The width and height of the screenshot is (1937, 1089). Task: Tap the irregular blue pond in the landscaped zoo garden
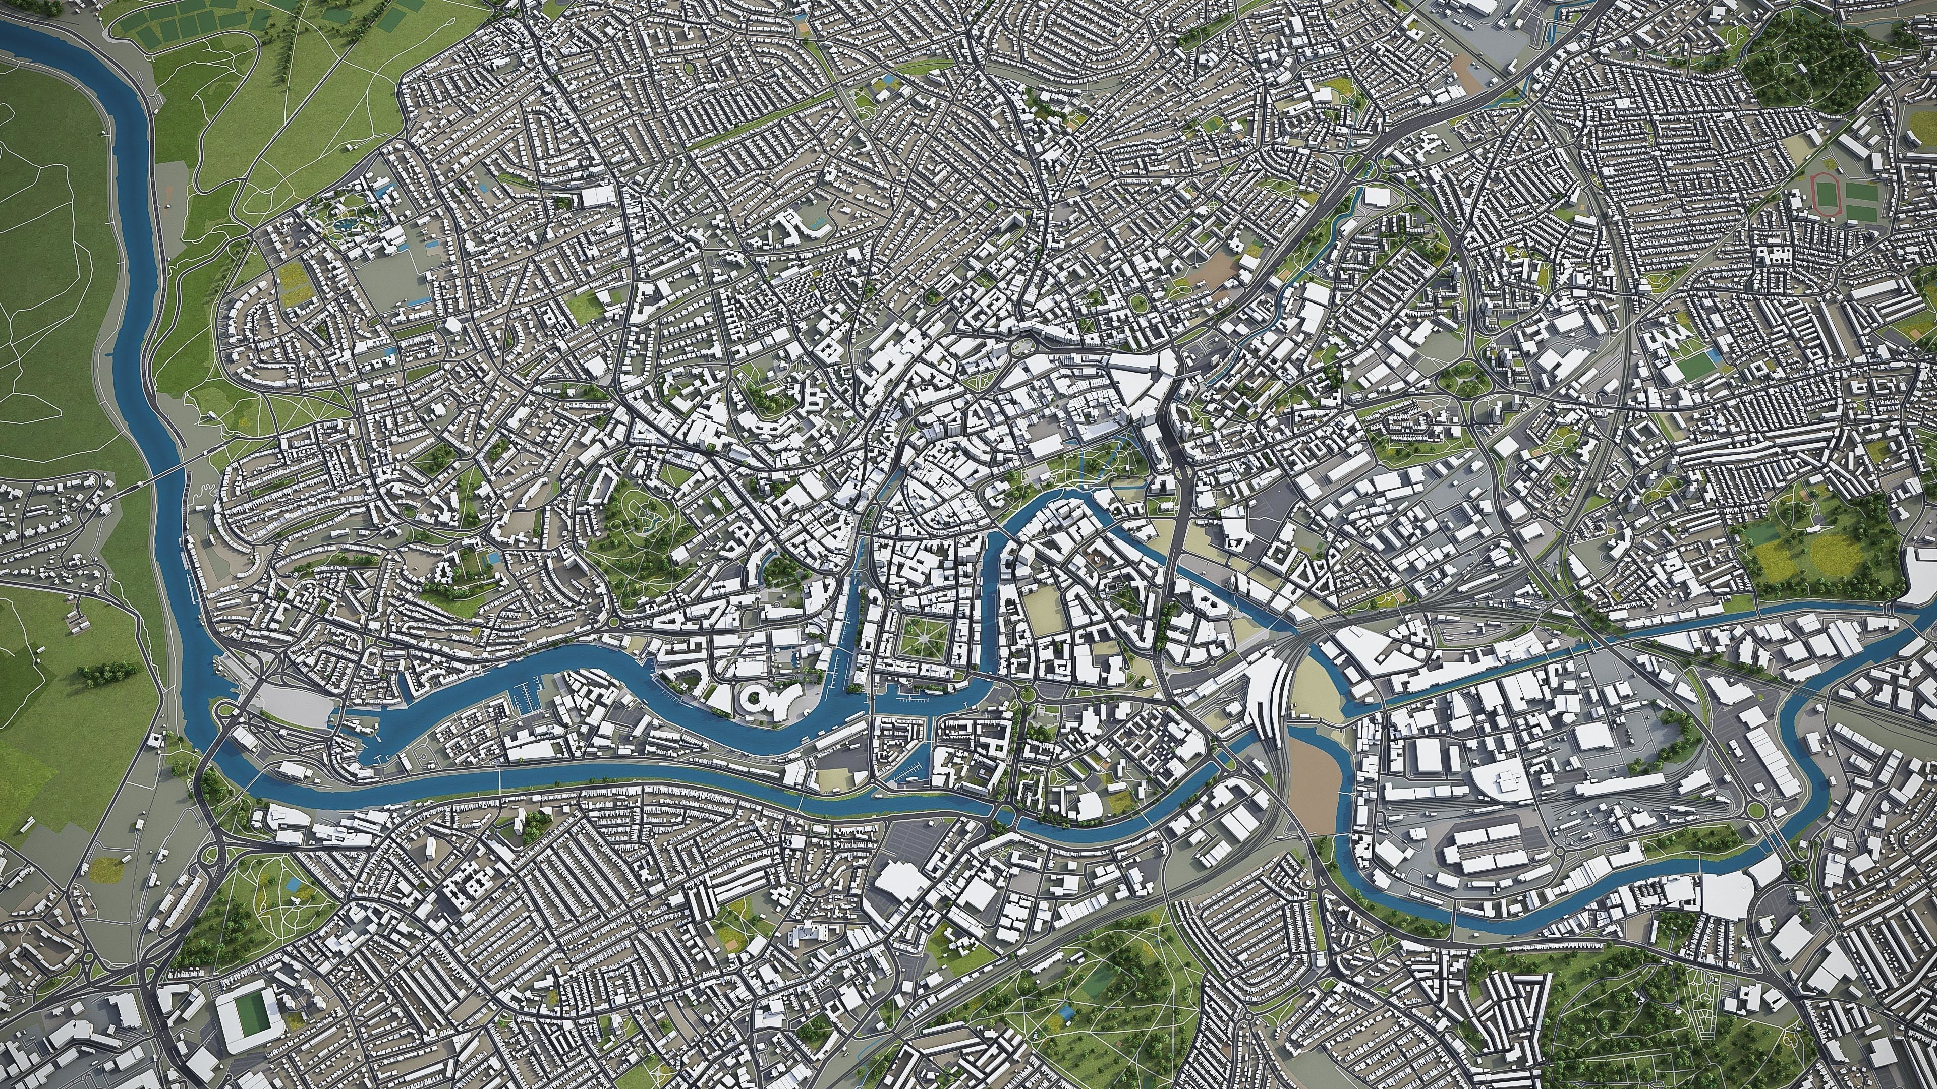348,223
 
